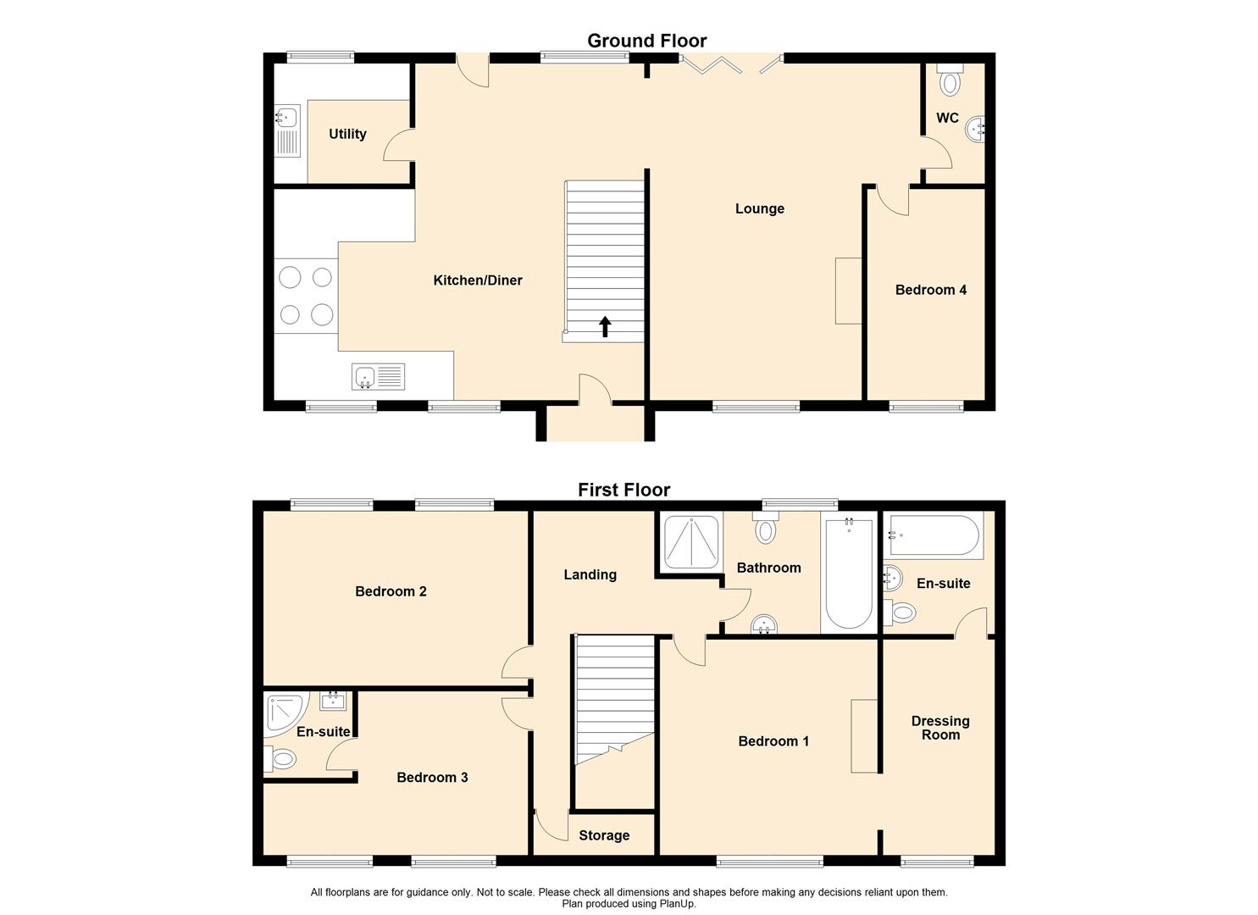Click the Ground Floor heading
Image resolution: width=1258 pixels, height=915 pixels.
coord(646,41)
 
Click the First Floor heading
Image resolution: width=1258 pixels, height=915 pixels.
coord(623,490)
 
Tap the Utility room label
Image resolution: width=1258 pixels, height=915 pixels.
coord(347,134)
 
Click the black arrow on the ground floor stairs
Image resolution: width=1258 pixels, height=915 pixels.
coord(605,326)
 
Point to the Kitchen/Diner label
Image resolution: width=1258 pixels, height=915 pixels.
coord(478,280)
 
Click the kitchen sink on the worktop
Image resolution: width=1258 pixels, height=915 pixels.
coord(378,376)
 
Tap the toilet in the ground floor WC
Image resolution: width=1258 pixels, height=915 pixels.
coord(950,81)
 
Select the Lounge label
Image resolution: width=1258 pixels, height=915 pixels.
coord(759,208)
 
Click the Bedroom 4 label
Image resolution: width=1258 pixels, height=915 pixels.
coord(930,290)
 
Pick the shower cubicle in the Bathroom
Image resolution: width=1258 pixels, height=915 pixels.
coord(691,542)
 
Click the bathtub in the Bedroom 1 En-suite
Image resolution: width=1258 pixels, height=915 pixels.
coord(934,536)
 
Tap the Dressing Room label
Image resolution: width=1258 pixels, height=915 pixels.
coord(940,728)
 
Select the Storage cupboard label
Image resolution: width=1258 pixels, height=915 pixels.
coord(604,835)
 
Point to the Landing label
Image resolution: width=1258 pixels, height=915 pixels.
coord(590,574)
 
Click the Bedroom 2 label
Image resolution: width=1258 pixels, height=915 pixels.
coord(391,591)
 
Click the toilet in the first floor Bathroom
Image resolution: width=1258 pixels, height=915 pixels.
coord(766,530)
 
